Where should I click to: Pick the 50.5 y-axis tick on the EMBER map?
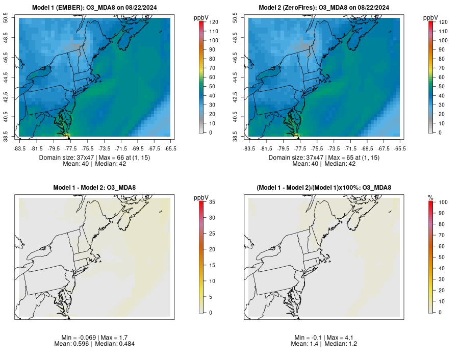click(x=13, y=18)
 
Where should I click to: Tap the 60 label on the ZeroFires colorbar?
click(x=441, y=77)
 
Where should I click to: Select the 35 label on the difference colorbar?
click(x=212, y=202)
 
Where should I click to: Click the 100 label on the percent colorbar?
click(x=443, y=202)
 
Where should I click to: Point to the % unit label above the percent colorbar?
click(x=430, y=197)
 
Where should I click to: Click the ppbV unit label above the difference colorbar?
click(x=201, y=197)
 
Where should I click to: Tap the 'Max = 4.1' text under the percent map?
click(x=339, y=338)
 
